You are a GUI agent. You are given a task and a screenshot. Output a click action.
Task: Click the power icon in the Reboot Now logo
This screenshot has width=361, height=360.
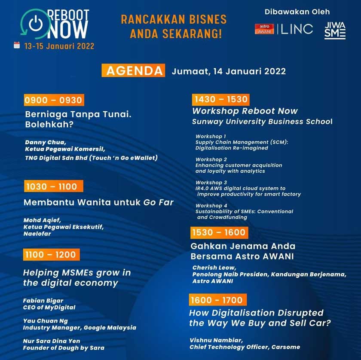[35, 24]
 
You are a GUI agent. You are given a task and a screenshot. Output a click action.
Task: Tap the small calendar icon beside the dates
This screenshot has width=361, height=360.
[17, 45]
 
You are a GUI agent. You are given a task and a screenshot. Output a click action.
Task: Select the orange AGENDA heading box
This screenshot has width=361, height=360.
[133, 71]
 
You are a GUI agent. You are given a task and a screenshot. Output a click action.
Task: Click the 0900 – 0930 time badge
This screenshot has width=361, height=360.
[54, 100]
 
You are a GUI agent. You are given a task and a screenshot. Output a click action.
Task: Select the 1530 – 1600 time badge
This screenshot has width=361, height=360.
[219, 232]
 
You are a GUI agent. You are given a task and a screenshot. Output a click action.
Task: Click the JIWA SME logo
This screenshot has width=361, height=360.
[335, 30]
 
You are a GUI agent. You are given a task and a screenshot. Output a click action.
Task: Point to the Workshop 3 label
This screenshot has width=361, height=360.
[208, 183]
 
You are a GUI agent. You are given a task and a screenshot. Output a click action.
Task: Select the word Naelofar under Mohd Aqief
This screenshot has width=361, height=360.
[37, 234]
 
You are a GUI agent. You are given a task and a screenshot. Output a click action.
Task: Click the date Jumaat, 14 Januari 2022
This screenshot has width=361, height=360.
[229, 71]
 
